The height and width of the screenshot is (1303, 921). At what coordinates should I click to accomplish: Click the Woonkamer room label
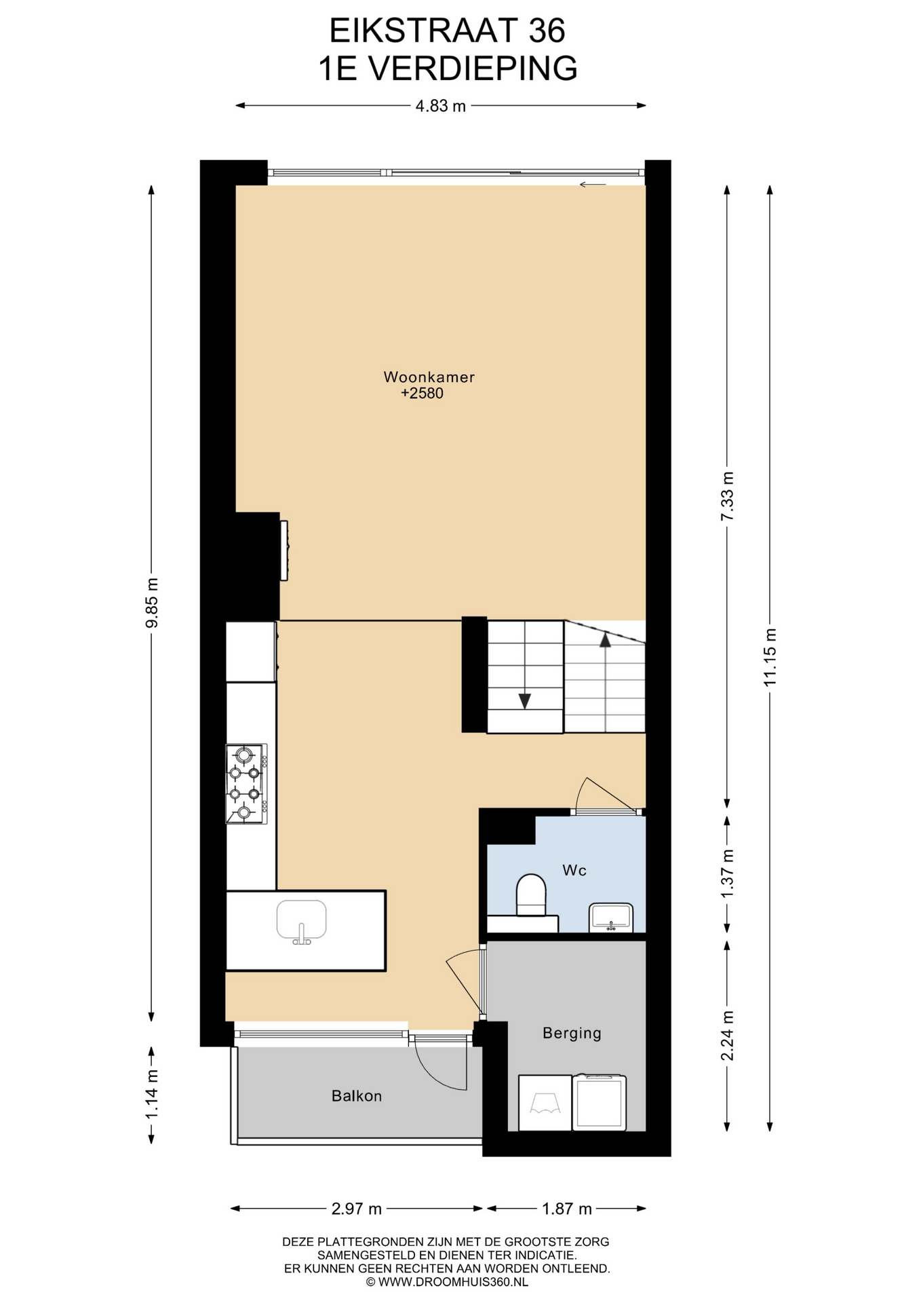[x=429, y=377]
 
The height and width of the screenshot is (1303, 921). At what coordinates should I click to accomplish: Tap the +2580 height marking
[x=422, y=394]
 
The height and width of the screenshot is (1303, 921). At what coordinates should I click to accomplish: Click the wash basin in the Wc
[x=611, y=917]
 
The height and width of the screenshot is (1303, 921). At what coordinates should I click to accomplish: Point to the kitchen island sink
[x=302, y=922]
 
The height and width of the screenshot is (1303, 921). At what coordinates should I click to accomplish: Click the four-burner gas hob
[x=246, y=784]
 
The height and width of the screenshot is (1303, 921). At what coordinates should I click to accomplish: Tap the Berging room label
[x=572, y=1033]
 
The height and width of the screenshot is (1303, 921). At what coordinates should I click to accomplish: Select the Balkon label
[x=357, y=1096]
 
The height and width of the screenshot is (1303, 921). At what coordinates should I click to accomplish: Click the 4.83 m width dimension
[x=441, y=106]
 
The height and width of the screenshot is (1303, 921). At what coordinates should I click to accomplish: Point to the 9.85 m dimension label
[x=152, y=603]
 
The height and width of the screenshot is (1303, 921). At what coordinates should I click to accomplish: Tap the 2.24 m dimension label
[x=727, y=1036]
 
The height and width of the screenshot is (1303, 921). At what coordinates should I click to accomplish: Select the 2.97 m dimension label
[x=356, y=1209]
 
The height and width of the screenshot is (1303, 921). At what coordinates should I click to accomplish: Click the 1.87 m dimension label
[x=567, y=1209]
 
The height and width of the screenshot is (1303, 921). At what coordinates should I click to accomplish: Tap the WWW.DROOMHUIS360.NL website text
[x=453, y=1282]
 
